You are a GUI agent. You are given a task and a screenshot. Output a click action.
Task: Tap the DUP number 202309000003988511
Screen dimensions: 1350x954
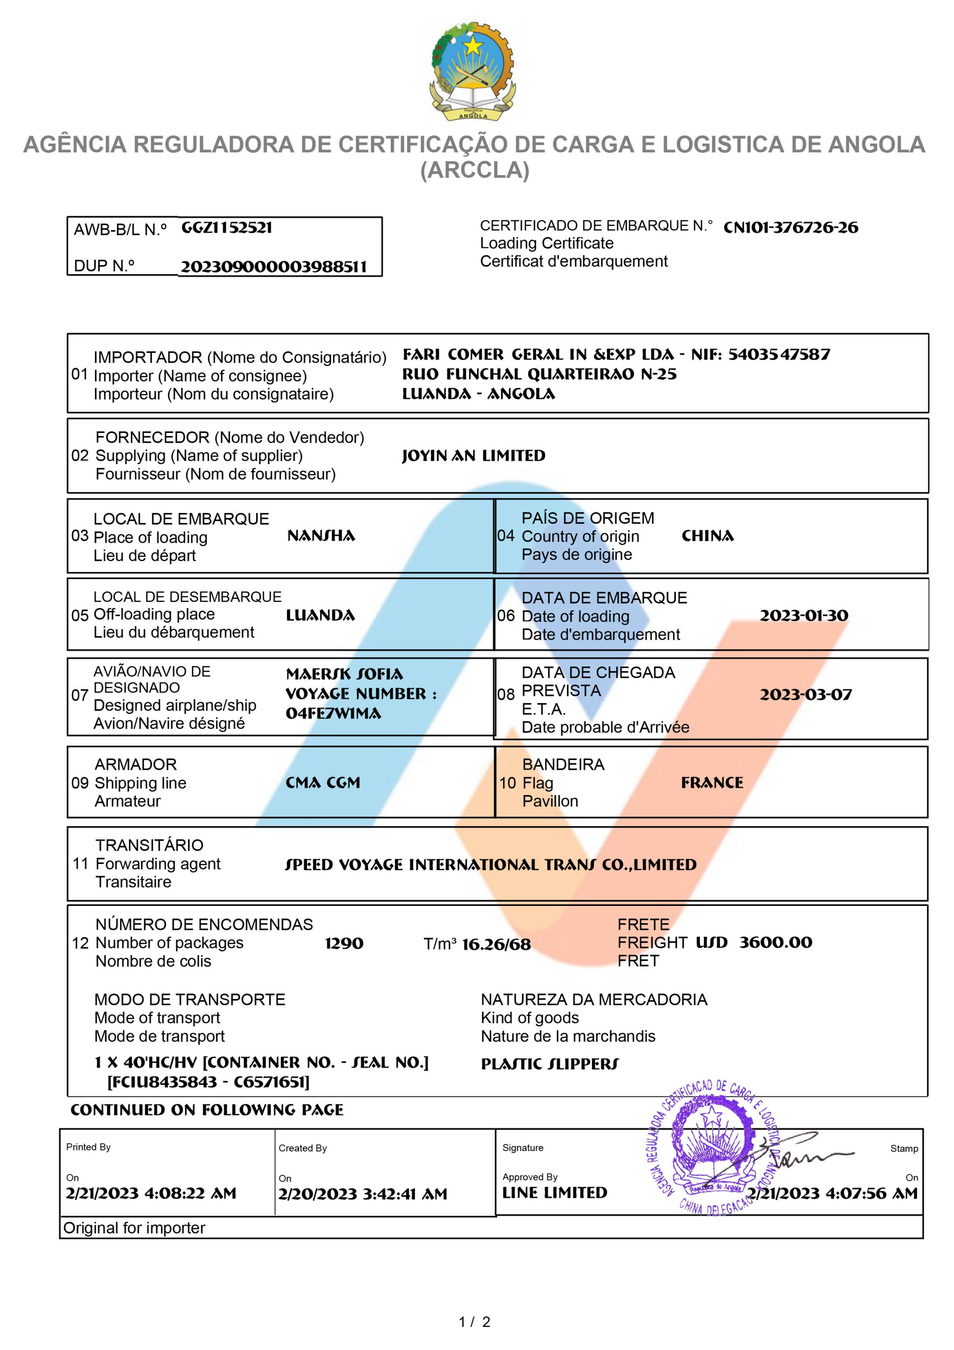273,267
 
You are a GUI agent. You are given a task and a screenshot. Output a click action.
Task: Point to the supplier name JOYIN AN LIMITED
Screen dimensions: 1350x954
473,456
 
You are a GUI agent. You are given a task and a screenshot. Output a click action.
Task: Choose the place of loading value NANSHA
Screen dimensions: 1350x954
321,535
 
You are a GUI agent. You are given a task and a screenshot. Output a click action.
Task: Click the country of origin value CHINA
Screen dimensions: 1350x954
707,535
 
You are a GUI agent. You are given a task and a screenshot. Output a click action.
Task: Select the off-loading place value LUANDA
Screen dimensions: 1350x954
320,615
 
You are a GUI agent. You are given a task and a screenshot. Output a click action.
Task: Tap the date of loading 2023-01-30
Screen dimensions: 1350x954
804,615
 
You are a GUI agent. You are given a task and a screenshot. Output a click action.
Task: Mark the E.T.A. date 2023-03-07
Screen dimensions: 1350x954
805,694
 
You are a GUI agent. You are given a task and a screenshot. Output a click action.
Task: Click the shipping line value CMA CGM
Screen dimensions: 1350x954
323,782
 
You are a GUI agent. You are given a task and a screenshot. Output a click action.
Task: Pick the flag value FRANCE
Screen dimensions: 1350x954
712,782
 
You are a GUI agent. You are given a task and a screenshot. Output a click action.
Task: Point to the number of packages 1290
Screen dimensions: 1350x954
344,943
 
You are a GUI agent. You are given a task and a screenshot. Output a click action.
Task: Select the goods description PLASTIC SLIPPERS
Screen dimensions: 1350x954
550,1064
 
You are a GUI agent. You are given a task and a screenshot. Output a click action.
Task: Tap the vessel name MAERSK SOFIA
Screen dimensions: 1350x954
344,674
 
